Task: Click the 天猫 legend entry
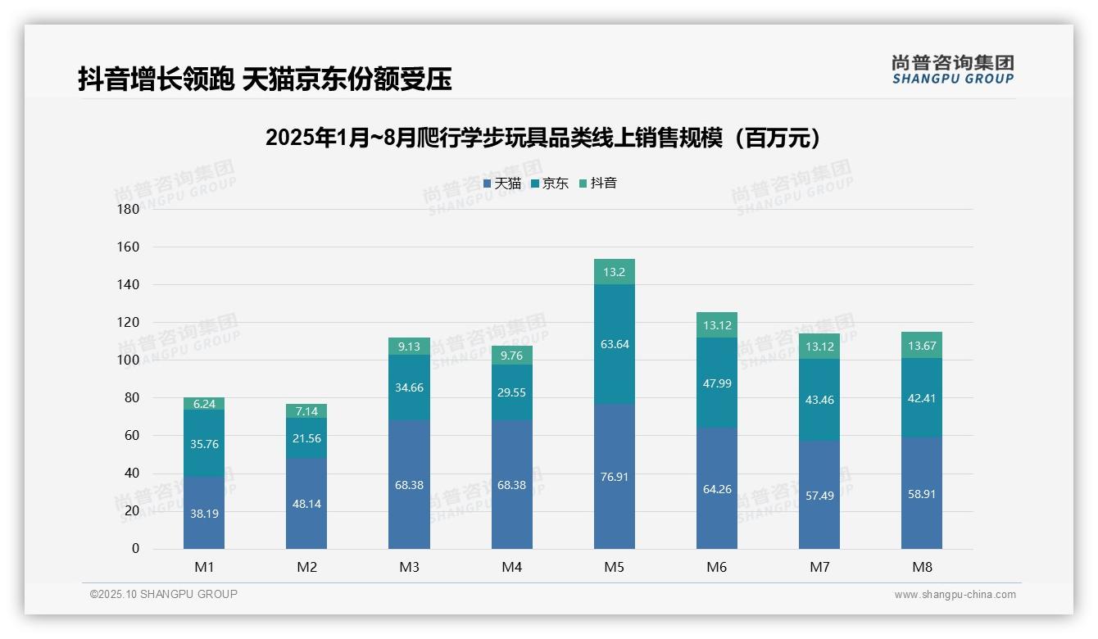[x=501, y=184]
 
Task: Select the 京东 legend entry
[x=549, y=184]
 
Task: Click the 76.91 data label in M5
[x=614, y=477]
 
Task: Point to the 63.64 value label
[x=614, y=344]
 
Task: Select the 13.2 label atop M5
[x=614, y=272]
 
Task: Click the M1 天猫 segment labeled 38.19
[x=204, y=514]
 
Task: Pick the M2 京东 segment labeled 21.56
[x=306, y=438]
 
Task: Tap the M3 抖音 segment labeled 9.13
[x=409, y=347]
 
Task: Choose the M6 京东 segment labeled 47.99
[x=717, y=382]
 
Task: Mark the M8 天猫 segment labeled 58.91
[x=922, y=494]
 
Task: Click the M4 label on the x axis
[x=511, y=567]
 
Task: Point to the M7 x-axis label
[x=819, y=567]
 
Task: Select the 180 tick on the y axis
[x=129, y=209]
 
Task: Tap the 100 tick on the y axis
[x=129, y=360]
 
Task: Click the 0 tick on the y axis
[x=135, y=549]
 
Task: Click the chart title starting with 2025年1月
[x=543, y=138]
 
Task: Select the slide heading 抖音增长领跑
[x=265, y=79]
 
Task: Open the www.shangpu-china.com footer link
[x=955, y=595]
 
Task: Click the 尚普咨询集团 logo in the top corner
[x=952, y=70]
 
